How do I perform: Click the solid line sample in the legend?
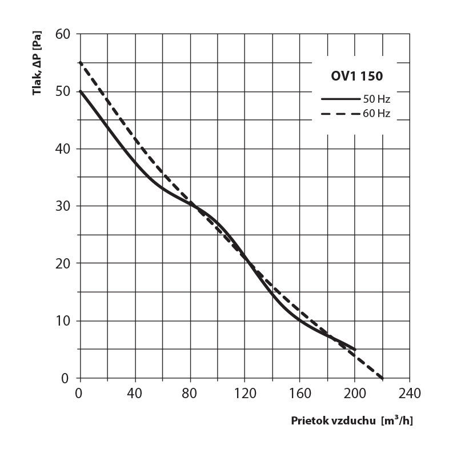click(x=340, y=99)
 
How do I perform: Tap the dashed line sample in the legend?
click(x=340, y=113)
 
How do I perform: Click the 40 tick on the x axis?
click(x=135, y=394)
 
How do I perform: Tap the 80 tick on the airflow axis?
click(x=190, y=394)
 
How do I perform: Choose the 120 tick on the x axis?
click(x=245, y=394)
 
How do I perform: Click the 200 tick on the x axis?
click(x=355, y=394)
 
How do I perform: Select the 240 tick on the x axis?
click(x=410, y=394)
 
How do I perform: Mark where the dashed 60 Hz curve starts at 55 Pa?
click(x=80, y=62)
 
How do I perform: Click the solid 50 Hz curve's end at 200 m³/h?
click(x=355, y=349)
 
